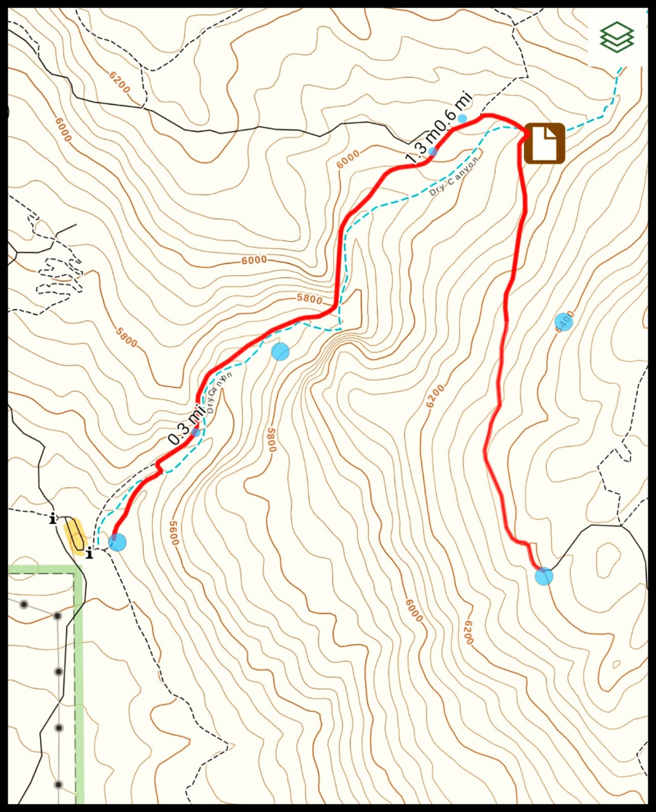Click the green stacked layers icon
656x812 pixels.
617,37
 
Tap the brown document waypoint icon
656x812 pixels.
544,143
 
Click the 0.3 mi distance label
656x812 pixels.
183,426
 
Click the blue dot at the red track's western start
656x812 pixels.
117,542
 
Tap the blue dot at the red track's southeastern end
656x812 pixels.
544,577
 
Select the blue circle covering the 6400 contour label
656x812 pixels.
564,321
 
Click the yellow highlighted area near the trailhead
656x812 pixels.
74,535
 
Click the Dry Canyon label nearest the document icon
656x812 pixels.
454,176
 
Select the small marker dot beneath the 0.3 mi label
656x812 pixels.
195,433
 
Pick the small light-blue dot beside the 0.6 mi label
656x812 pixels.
463,119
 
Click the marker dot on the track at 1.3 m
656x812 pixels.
433,152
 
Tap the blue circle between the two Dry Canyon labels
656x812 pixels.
280,351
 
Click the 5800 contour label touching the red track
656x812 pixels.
310,298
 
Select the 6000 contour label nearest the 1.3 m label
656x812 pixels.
348,159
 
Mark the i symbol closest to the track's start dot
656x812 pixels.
90,553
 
